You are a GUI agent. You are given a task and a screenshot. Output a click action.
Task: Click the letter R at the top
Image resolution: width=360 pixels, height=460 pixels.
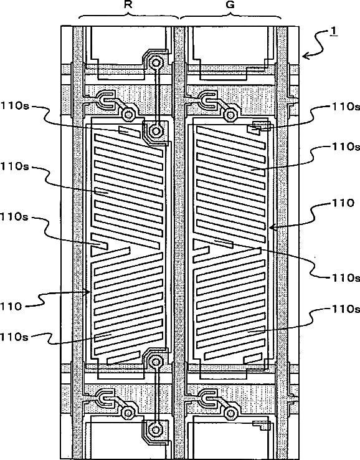[127, 5]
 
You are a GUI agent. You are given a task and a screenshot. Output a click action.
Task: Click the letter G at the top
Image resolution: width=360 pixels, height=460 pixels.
[230, 5]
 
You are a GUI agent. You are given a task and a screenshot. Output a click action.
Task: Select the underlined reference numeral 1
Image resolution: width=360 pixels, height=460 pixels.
[334, 31]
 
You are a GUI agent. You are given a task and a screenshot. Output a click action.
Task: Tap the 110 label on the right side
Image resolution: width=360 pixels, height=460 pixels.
[343, 203]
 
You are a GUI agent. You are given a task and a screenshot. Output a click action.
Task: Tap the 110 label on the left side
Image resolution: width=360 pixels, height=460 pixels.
[11, 307]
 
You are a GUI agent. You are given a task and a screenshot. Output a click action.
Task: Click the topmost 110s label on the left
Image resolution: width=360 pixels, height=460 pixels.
[15, 105]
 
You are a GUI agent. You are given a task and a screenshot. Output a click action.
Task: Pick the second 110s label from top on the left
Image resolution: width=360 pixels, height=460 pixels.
[15, 166]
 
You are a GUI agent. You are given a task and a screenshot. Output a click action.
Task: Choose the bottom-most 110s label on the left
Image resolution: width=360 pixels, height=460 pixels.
[15, 337]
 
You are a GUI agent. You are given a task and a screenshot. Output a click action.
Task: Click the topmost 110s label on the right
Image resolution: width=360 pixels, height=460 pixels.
[346, 107]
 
